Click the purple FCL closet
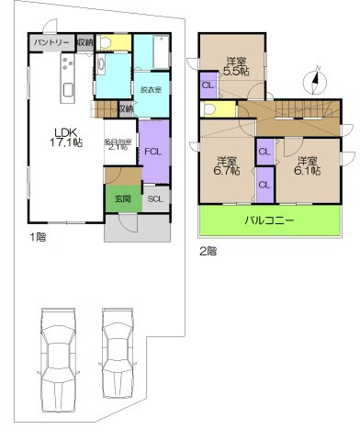point(154,152)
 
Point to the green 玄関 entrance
point(122,198)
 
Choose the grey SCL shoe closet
point(154,198)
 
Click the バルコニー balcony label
point(268,220)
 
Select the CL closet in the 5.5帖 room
point(208,86)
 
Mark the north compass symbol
point(315,82)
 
